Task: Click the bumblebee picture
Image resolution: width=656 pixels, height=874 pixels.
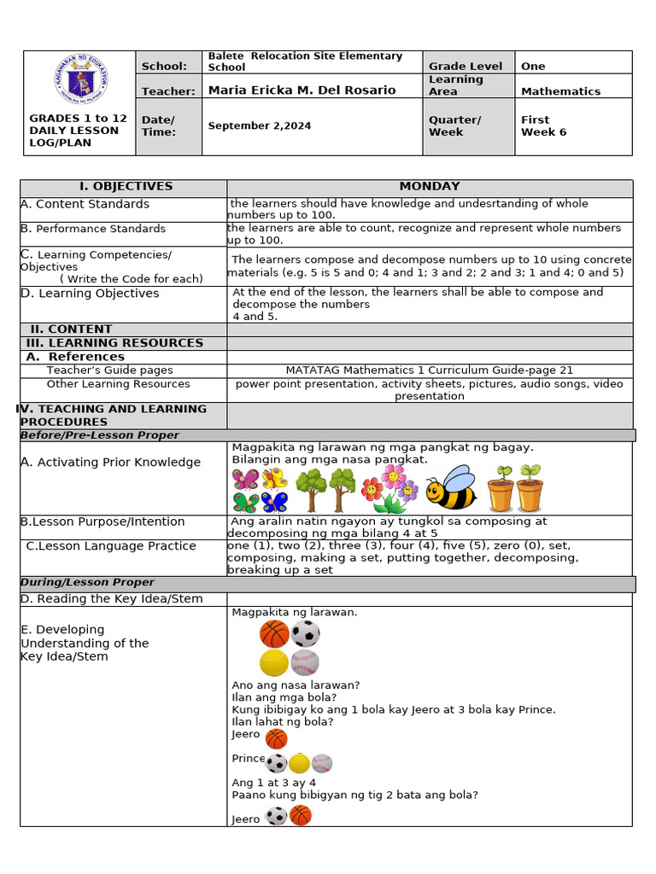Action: click(x=450, y=488)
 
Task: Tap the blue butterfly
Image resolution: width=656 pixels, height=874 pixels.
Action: click(x=275, y=502)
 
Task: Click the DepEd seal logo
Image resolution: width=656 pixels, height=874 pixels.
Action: click(x=79, y=82)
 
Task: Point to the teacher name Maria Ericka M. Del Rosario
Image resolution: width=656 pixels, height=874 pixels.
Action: click(x=302, y=90)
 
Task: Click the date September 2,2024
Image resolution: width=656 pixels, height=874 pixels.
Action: click(x=260, y=125)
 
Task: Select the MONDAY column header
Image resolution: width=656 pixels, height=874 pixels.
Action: click(x=429, y=186)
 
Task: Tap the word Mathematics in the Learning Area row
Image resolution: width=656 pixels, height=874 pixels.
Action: click(x=560, y=91)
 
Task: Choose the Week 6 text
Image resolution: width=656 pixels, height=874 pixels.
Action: click(x=543, y=132)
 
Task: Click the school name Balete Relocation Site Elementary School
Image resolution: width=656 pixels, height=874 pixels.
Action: click(x=304, y=61)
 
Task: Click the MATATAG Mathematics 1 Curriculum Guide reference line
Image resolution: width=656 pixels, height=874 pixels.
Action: click(x=429, y=370)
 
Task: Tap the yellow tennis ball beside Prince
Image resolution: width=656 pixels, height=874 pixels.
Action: click(x=299, y=763)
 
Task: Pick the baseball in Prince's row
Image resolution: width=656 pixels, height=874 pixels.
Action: click(x=321, y=763)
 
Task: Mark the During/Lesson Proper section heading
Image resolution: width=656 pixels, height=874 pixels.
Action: click(x=87, y=583)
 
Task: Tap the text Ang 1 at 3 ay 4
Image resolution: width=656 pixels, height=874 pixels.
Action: click(x=273, y=783)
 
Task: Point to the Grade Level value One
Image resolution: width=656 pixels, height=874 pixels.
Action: click(x=533, y=67)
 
